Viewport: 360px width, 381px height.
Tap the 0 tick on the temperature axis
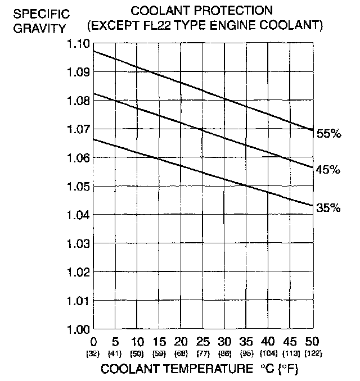tap(93, 342)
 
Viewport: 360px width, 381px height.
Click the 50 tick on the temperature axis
tap(312, 342)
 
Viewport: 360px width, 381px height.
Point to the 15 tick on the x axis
tap(159, 342)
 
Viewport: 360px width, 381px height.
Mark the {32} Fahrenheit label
tap(93, 354)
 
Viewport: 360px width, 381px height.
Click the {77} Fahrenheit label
tap(202, 354)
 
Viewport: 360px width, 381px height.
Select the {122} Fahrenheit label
tap(312, 354)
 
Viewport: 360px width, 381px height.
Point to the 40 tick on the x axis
tap(268, 342)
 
